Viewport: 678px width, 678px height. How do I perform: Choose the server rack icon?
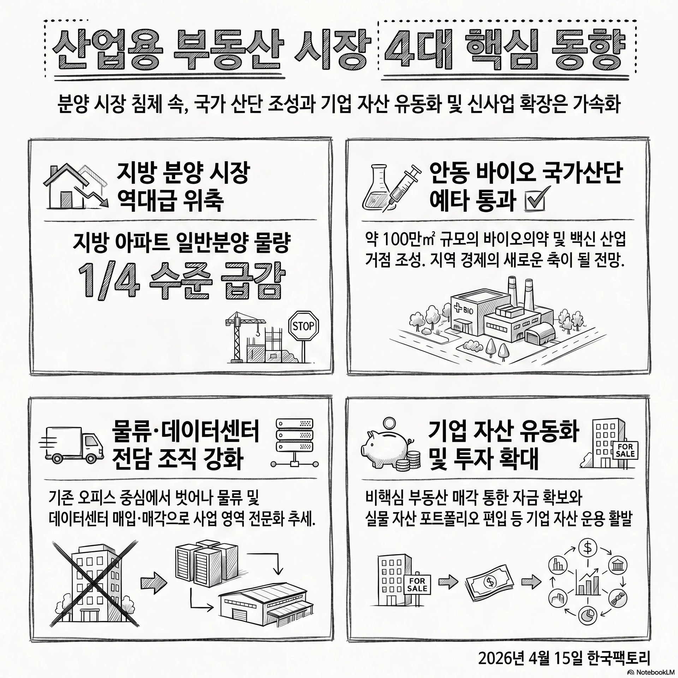click(x=294, y=443)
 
